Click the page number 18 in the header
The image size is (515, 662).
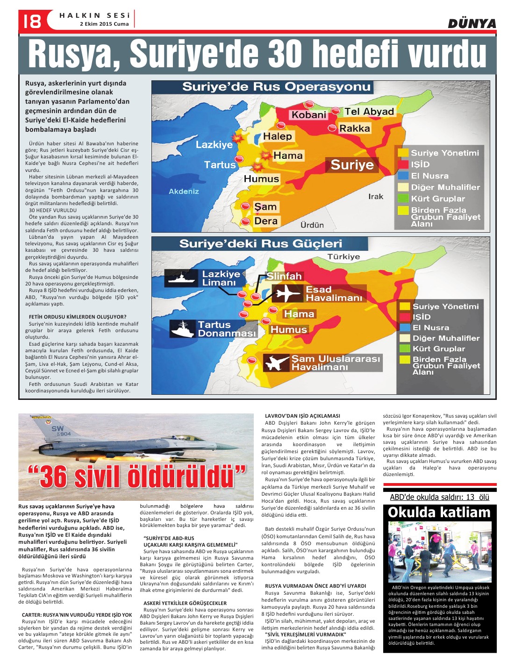31,21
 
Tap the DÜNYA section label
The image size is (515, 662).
472,23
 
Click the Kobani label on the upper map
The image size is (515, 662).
309,114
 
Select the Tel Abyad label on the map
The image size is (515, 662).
369,112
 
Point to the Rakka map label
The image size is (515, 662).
355,128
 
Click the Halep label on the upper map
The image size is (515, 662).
277,136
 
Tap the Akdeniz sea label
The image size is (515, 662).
184,192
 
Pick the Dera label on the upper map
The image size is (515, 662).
266,221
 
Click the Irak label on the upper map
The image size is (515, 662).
376,197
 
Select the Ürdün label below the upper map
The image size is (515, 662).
312,225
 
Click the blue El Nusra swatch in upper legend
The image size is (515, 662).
403,176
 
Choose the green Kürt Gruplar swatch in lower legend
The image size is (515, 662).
405,349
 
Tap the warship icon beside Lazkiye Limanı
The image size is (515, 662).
181,278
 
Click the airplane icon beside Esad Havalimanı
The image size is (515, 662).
287,293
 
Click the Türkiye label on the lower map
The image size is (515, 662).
343,257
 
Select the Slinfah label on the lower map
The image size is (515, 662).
284,276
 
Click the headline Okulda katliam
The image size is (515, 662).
439,513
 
